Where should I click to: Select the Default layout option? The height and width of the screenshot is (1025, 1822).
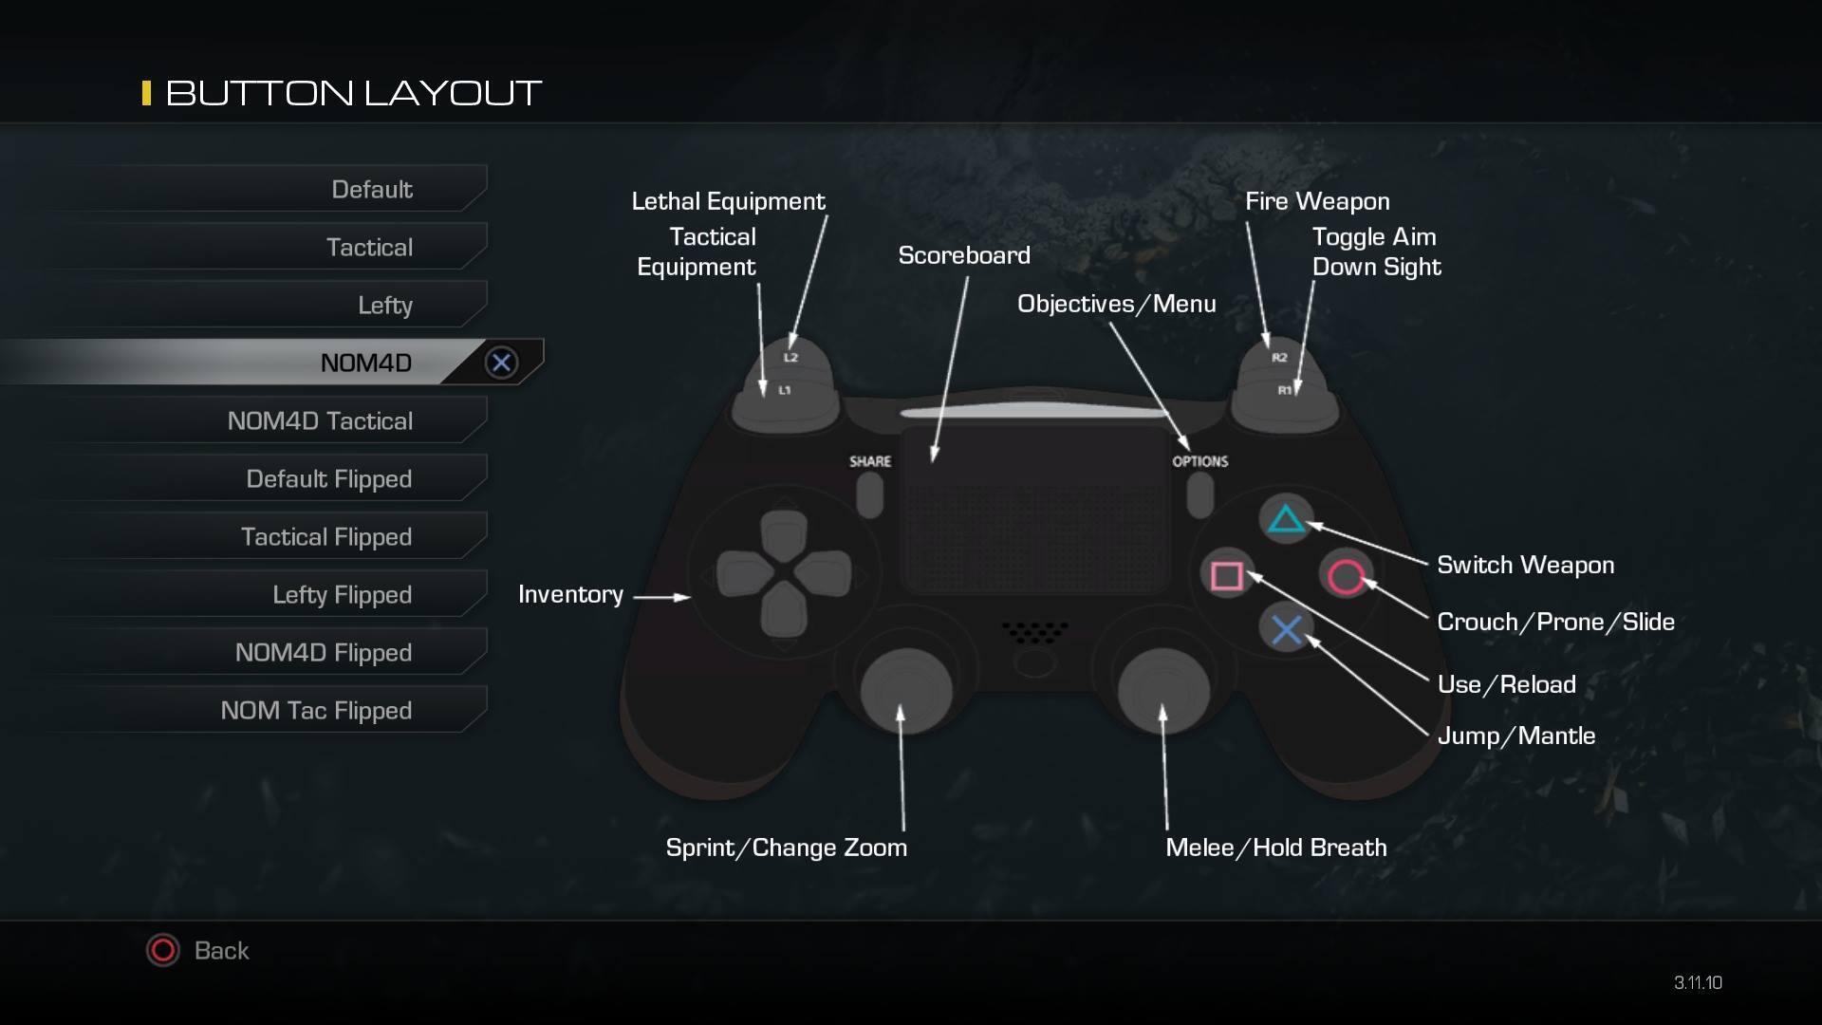coord(371,189)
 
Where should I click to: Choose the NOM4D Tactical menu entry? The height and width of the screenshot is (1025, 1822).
coord(320,420)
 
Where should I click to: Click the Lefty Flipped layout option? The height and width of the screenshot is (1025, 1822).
coord(342,594)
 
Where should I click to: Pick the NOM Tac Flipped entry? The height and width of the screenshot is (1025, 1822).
coord(316,710)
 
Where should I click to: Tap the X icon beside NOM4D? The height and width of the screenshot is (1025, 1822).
coord(501,362)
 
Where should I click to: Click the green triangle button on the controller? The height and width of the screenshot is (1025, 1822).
coord(1286,519)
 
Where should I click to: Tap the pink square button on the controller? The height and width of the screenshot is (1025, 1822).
coord(1227,575)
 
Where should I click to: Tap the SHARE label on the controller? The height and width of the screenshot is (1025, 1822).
coord(869,461)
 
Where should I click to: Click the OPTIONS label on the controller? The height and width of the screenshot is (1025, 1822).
coord(1199,461)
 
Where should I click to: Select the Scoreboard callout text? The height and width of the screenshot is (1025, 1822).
coord(963,255)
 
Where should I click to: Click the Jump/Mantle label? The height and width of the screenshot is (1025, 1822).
coord(1515,736)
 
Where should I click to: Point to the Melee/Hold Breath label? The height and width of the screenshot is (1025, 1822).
coord(1275,848)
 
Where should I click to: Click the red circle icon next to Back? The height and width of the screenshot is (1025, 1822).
coord(162,950)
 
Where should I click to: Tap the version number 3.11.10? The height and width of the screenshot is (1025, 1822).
coord(1698,983)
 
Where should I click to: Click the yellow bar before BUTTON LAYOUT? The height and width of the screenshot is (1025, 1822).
coord(146,93)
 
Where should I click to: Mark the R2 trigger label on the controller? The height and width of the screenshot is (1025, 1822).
coord(1279,358)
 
